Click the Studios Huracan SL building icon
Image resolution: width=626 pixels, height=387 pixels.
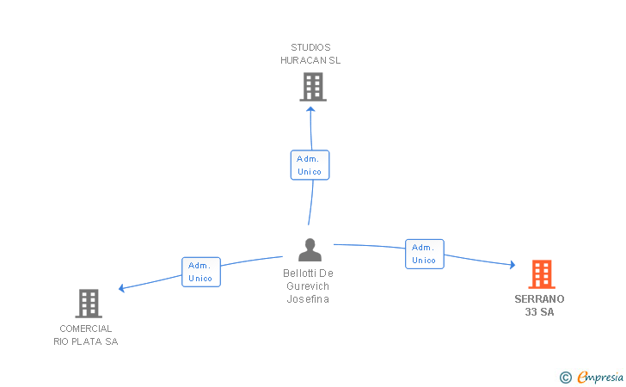click(313, 87)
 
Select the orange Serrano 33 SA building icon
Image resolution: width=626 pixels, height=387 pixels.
click(541, 274)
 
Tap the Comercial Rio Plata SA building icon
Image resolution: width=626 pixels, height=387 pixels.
click(89, 303)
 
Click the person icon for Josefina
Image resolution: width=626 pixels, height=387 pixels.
click(310, 250)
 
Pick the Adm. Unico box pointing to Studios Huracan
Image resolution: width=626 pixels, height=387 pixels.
click(310, 165)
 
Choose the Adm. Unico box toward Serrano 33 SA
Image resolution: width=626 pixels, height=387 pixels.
click(425, 254)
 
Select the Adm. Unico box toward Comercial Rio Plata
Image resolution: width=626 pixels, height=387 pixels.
click(201, 272)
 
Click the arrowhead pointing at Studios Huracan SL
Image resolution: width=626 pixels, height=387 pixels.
click(311, 109)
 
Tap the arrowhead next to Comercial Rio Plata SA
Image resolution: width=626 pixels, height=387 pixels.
click(122, 288)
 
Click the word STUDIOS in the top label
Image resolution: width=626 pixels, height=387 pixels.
click(310, 47)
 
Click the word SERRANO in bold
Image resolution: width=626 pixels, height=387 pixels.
click(539, 299)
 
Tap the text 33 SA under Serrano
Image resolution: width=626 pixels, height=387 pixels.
click(540, 312)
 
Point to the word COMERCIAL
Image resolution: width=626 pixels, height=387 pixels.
click(86, 329)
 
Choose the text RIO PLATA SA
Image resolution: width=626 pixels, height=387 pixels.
click(86, 341)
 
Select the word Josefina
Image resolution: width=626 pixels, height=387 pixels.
click(308, 299)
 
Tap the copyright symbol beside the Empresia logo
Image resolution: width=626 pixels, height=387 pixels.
click(565, 377)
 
